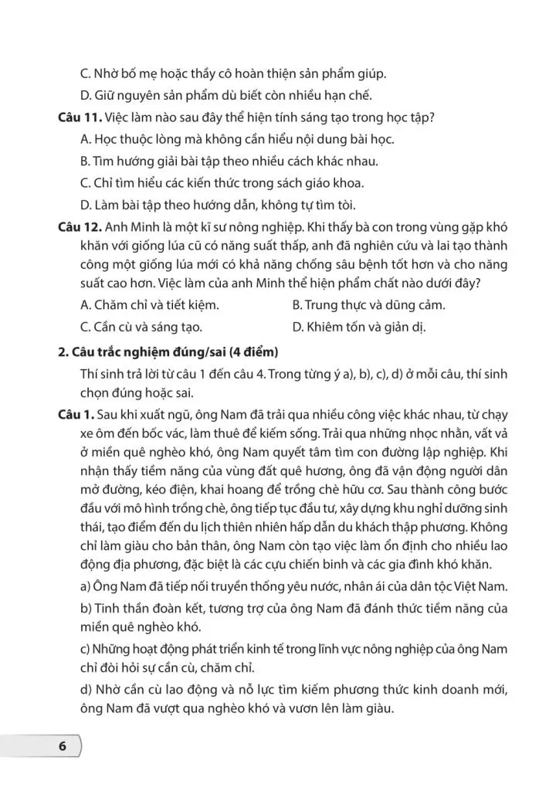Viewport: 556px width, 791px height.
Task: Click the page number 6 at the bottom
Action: pos(62,747)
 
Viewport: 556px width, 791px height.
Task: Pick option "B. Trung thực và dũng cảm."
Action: pos(369,304)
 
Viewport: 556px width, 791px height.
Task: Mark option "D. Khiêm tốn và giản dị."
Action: pos(359,326)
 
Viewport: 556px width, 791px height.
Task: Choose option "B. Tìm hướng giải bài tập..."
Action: pos(229,161)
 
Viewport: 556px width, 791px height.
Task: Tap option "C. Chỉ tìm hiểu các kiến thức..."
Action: pos(222,183)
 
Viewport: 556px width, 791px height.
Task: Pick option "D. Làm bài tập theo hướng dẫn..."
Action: pos(218,205)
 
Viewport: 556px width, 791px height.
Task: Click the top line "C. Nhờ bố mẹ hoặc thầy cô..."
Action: pos(232,74)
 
